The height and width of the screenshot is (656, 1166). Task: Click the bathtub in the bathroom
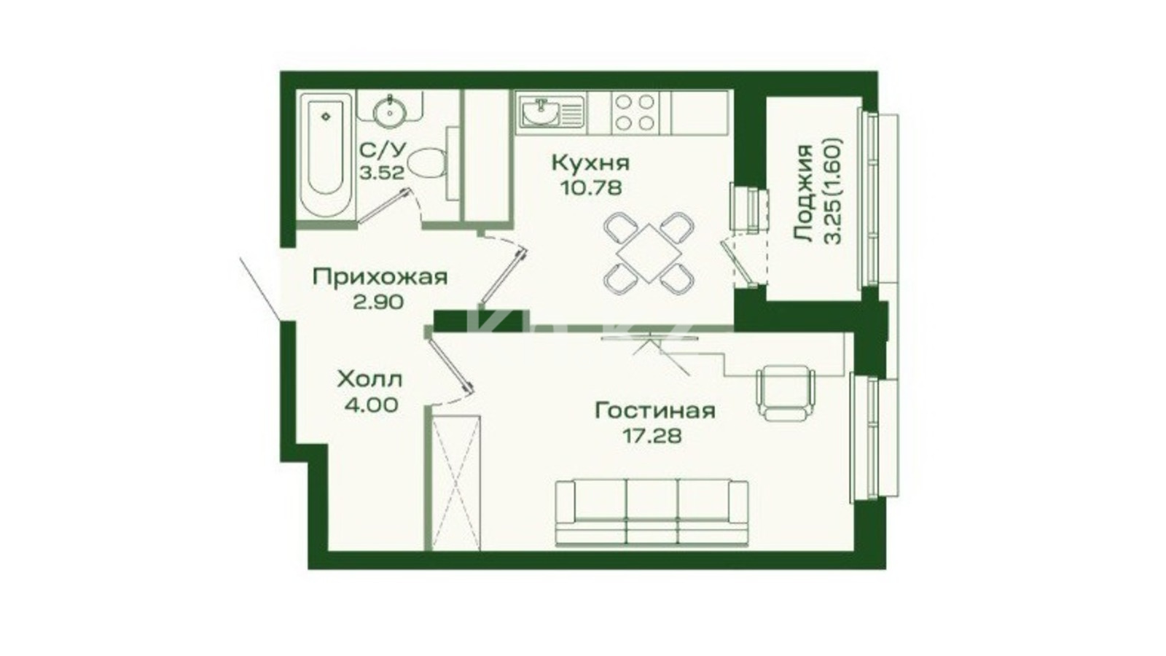click(x=326, y=155)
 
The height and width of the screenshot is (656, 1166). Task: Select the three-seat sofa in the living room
click(x=652, y=512)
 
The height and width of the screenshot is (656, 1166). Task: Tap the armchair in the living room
click(x=786, y=391)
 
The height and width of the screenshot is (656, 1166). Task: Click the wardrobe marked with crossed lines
click(x=456, y=483)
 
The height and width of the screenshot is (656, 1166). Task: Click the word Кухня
click(x=590, y=163)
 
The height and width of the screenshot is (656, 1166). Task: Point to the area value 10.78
click(x=590, y=187)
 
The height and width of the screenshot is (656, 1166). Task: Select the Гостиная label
click(x=654, y=411)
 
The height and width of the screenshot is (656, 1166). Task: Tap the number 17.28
click(x=652, y=435)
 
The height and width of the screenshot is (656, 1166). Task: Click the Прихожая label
click(x=380, y=277)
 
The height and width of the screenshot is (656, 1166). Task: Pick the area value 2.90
click(x=378, y=302)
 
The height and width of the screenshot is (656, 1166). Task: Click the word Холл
click(x=369, y=380)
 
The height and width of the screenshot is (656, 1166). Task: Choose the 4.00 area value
click(x=372, y=405)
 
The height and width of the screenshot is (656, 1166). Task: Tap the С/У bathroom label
click(x=383, y=150)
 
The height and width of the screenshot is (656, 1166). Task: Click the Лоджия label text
click(x=803, y=193)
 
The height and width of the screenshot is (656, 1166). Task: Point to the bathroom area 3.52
click(x=382, y=173)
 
